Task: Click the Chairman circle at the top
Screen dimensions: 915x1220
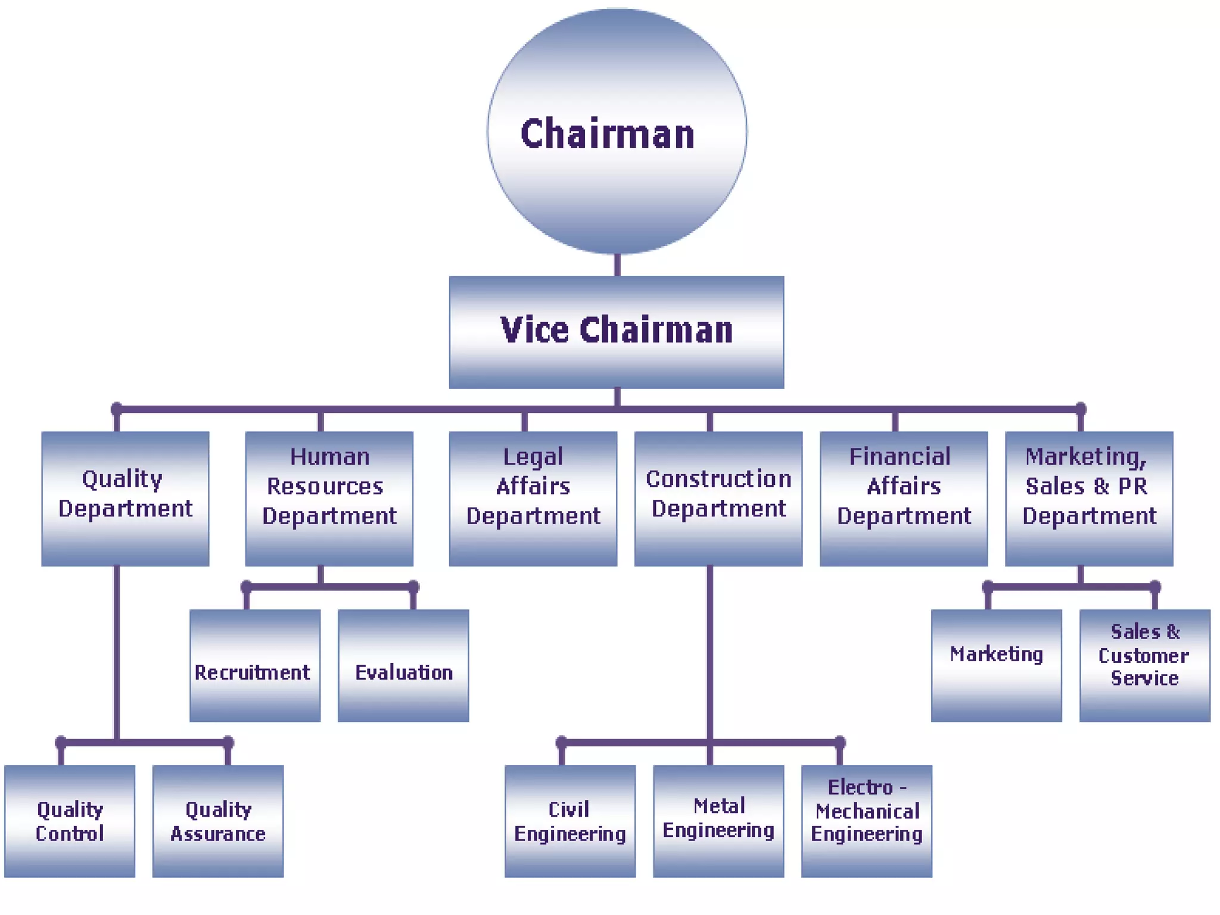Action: pos(617,132)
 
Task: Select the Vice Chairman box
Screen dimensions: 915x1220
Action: pos(617,332)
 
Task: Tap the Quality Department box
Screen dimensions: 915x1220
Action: pos(125,498)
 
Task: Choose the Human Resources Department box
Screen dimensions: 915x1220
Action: pos(329,498)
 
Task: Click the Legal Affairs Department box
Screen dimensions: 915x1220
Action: pos(533,498)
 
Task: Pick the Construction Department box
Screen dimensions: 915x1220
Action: pos(718,498)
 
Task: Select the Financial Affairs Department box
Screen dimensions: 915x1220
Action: pos(903,498)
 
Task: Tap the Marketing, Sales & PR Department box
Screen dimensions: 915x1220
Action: pos(1088,498)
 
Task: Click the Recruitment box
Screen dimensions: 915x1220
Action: pos(255,665)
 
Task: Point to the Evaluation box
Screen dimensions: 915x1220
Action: pos(403,665)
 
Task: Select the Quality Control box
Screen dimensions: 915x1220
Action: pos(70,821)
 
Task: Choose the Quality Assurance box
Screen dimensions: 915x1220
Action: pos(218,821)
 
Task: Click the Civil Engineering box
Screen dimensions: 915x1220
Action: pos(569,821)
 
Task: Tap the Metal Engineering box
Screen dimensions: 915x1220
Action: pos(718,821)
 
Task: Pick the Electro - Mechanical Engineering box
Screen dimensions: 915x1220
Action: pos(866,821)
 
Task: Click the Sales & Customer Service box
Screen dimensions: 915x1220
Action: pos(1144,665)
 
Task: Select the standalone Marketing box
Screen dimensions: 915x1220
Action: pos(996,665)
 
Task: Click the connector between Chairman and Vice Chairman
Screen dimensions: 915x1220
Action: pos(617,265)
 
